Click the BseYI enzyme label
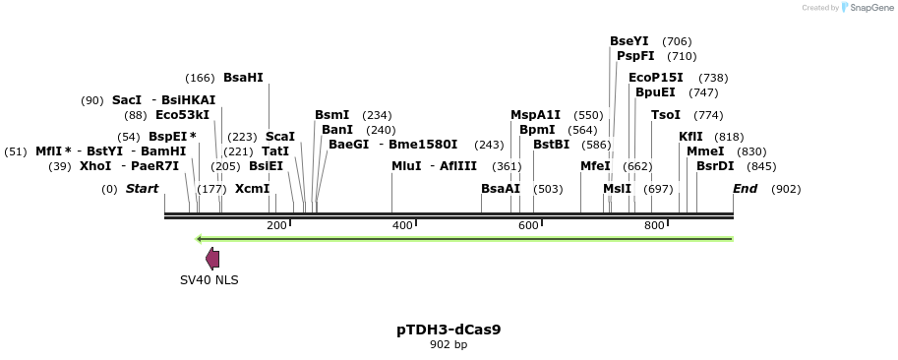[629, 41]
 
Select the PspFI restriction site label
[635, 56]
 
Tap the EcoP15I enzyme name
[655, 78]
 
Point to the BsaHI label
[243, 78]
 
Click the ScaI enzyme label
[280, 137]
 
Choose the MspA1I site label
[535, 115]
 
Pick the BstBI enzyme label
[551, 145]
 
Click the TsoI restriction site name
[666, 115]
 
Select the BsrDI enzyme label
[715, 166]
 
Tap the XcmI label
[252, 189]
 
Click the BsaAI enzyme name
[501, 189]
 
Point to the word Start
[142, 189]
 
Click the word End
[745, 189]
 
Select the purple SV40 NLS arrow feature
[211, 259]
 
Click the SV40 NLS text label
[209, 280]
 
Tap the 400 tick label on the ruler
[402, 226]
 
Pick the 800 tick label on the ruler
[654, 226]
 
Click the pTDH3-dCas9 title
[449, 330]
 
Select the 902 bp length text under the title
[449, 344]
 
